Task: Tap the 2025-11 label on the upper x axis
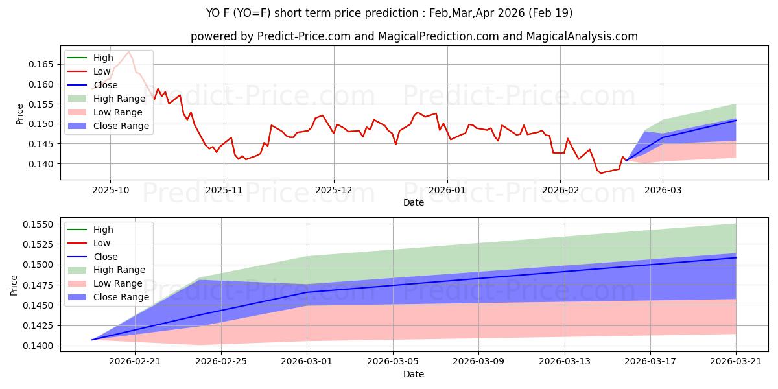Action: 224,189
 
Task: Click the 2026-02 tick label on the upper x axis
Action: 560,189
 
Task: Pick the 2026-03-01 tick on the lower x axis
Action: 307,362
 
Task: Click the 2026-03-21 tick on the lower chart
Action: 736,362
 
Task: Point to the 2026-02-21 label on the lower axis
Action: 135,362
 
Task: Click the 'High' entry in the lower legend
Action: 103,230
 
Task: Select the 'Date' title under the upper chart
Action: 414,202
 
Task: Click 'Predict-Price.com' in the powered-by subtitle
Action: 307,37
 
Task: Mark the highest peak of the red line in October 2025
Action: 128,52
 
